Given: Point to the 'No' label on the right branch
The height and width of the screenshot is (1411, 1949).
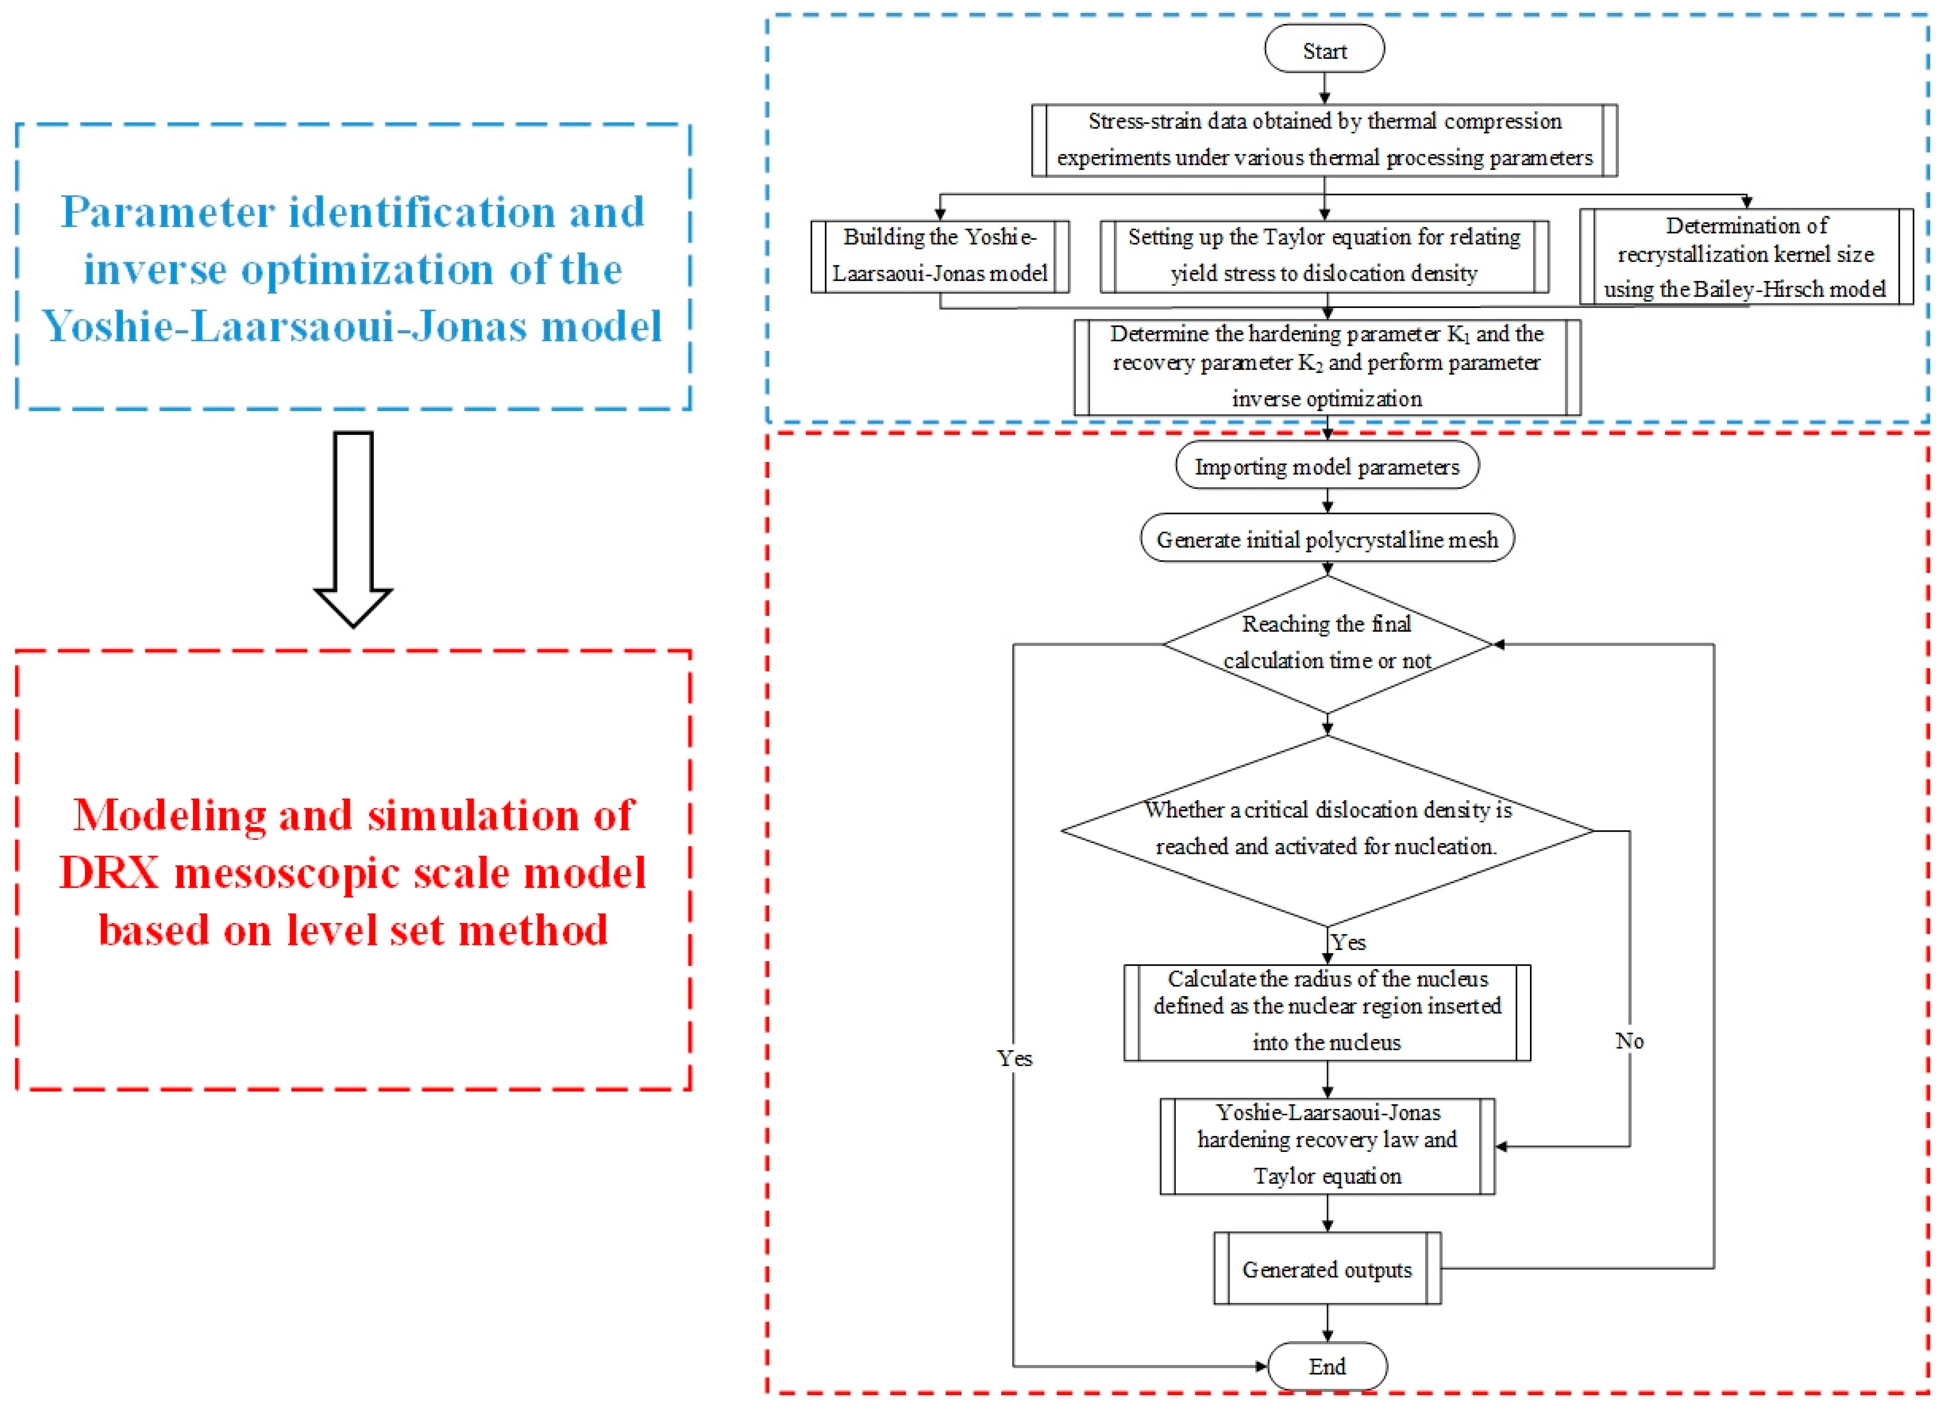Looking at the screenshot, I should coord(1628,1041).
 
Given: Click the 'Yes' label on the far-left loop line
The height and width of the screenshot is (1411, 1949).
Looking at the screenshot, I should coord(1014,1058).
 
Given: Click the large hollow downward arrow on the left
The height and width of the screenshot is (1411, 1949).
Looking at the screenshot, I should coord(353,528).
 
